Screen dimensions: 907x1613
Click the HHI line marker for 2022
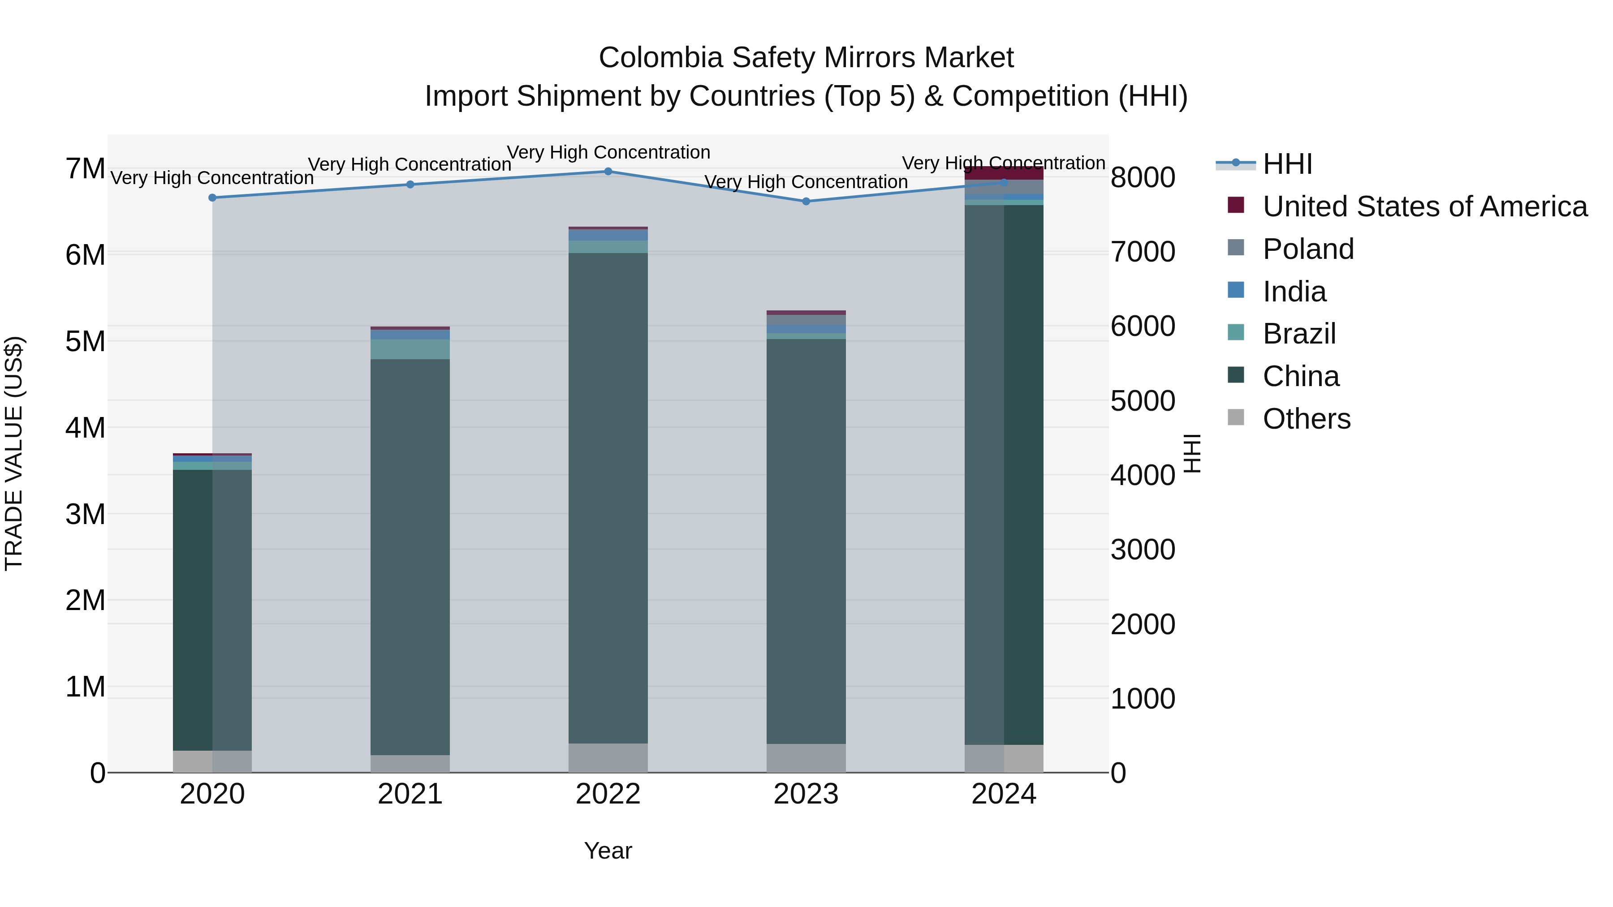pyautogui.click(x=608, y=172)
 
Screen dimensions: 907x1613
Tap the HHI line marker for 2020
pyautogui.click(x=212, y=198)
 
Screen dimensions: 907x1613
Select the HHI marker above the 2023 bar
pyautogui.click(x=806, y=202)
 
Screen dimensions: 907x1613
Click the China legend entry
pyautogui.click(x=1301, y=376)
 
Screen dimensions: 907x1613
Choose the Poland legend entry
pyautogui.click(x=1307, y=249)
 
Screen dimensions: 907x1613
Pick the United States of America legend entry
pyautogui.click(x=1424, y=206)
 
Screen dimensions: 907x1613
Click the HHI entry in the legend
pyautogui.click(x=1287, y=164)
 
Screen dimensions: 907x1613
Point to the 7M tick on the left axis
pyautogui.click(x=86, y=169)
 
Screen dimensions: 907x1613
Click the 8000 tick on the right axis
pyautogui.click(x=1143, y=177)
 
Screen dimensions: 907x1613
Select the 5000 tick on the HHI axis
pyautogui.click(x=1143, y=400)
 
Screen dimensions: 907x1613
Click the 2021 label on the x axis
pyautogui.click(x=410, y=794)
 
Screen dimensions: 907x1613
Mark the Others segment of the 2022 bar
pyautogui.click(x=608, y=758)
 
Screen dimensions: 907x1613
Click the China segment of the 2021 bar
pyautogui.click(x=410, y=557)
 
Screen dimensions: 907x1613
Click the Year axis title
pyautogui.click(x=608, y=851)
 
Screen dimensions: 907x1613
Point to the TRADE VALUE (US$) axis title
pyautogui.click(x=14, y=453)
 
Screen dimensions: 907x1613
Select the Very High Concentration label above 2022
pyautogui.click(x=608, y=152)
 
